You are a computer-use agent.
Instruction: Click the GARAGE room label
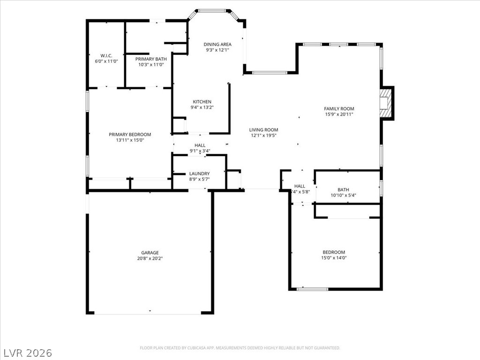(x=150, y=253)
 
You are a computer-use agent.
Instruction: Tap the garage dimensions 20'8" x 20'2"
(x=150, y=258)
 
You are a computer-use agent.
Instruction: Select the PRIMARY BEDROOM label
(x=130, y=135)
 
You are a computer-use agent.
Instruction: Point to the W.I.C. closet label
(x=106, y=55)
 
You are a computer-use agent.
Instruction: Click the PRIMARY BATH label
(x=150, y=59)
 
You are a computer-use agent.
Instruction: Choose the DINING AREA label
(x=217, y=45)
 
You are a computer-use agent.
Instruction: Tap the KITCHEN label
(x=202, y=102)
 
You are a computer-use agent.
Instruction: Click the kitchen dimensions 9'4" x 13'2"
(x=202, y=107)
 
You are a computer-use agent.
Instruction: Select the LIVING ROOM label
(x=263, y=130)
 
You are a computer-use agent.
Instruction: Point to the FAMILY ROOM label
(x=339, y=109)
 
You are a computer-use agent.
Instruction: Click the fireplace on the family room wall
(x=385, y=103)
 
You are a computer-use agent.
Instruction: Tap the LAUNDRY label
(x=199, y=173)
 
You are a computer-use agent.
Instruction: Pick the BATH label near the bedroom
(x=343, y=190)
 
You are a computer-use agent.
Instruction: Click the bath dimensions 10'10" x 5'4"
(x=343, y=195)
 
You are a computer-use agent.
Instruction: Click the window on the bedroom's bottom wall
(x=313, y=289)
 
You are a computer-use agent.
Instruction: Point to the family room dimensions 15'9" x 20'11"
(x=339, y=114)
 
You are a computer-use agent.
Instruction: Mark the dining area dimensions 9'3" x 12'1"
(x=217, y=50)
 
